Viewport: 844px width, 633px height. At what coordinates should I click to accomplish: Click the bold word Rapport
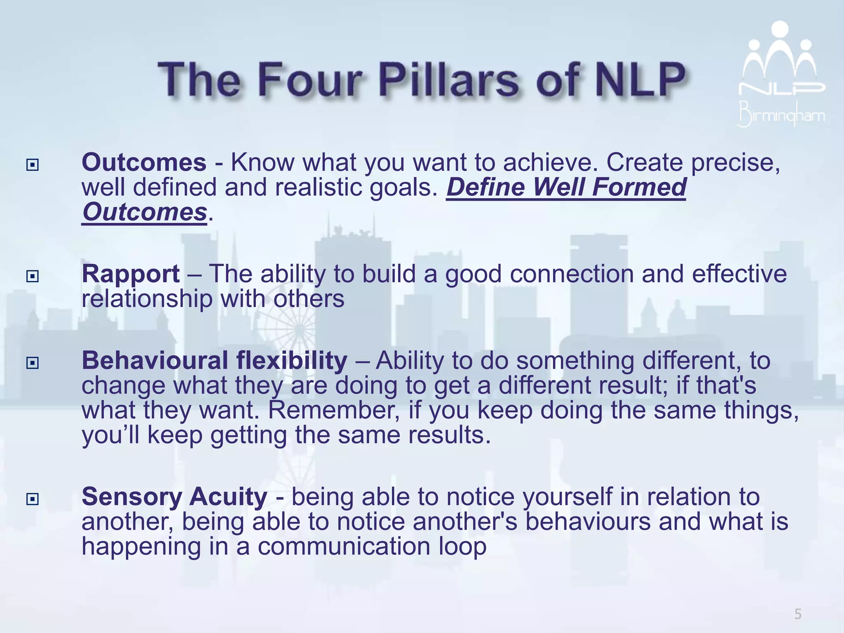(x=131, y=274)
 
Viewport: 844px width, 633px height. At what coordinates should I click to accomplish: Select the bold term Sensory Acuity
(x=174, y=497)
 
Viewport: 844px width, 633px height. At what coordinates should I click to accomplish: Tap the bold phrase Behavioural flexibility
(x=214, y=361)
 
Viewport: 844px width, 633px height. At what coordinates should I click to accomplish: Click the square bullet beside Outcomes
(x=32, y=165)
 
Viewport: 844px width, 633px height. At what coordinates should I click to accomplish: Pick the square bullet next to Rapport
(x=32, y=276)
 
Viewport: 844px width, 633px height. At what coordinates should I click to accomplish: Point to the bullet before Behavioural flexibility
(x=32, y=363)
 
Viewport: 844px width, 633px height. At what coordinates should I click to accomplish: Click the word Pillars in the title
(x=449, y=80)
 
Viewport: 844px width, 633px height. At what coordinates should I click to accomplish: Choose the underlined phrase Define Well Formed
(x=566, y=188)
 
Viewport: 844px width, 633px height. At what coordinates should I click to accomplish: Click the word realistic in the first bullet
(x=317, y=188)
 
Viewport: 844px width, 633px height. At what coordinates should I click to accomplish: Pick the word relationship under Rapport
(x=147, y=299)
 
